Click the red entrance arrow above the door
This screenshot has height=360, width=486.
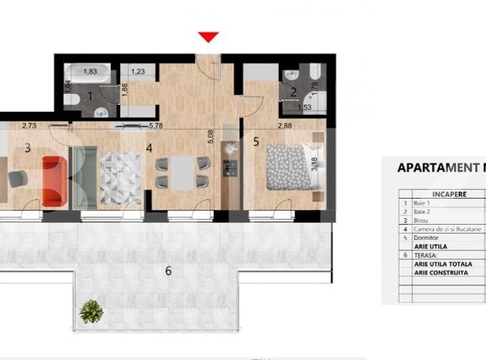(208, 37)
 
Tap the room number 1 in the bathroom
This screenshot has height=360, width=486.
(91, 97)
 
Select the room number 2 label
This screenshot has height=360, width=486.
(294, 93)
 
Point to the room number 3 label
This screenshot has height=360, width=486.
(27, 148)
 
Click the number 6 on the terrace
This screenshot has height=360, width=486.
(168, 270)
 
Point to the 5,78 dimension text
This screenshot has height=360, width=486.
(154, 126)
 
